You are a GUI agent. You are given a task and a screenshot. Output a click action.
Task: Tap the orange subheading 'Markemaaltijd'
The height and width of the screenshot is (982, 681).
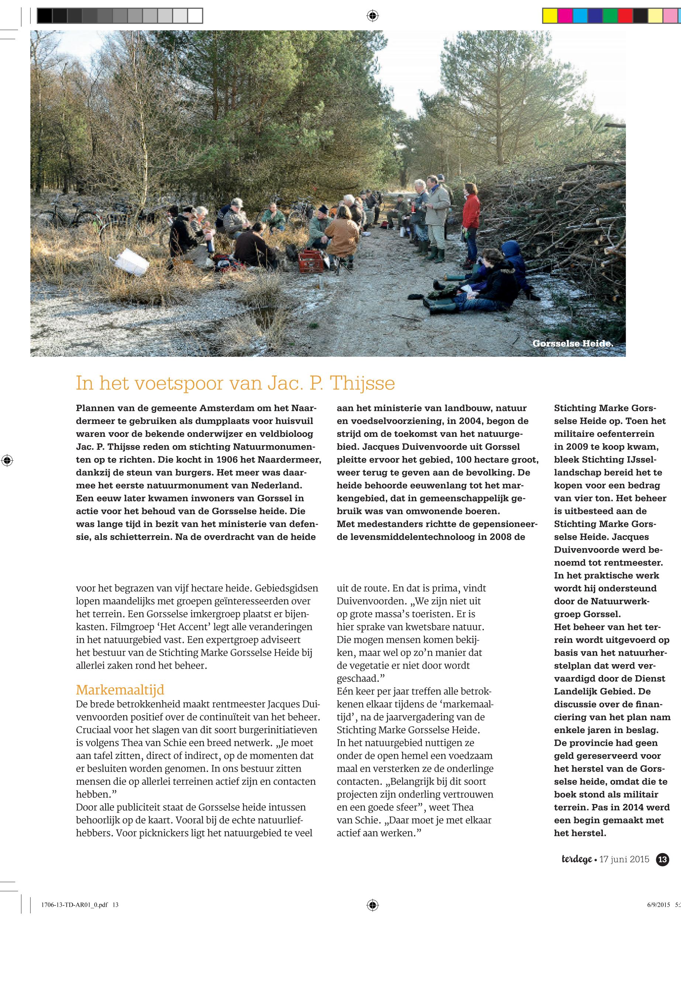tap(120, 690)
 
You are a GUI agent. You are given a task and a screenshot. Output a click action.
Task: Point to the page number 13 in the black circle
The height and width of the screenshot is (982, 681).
tap(662, 859)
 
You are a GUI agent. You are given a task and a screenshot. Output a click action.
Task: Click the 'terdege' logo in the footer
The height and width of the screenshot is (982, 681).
tap(577, 859)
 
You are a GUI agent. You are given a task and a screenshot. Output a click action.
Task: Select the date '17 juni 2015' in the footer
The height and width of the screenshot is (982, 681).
tap(624, 859)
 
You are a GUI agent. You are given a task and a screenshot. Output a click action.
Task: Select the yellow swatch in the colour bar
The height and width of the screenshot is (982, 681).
tap(550, 16)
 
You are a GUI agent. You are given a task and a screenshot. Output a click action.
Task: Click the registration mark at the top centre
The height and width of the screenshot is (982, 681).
tap(372, 16)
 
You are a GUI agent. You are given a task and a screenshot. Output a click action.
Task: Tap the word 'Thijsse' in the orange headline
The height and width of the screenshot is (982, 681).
tap(363, 383)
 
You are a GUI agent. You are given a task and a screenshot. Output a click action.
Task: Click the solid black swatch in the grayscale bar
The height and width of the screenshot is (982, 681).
tap(44, 16)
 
